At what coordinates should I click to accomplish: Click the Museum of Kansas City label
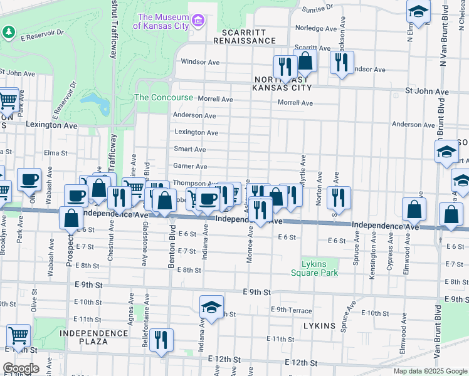pos(163,22)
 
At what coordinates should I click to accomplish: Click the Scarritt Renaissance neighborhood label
pos(244,36)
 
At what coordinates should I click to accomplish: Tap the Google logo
pos(21,368)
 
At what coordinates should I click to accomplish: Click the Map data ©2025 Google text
pos(429,371)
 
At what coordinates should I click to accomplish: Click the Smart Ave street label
pos(190,150)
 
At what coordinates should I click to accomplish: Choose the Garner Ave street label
pos(190,167)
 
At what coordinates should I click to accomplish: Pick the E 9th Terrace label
pos(292,310)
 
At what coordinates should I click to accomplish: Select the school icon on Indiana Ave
pos(212,307)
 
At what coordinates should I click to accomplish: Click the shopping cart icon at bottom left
pos(19,335)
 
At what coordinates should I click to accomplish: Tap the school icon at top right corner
pos(418,11)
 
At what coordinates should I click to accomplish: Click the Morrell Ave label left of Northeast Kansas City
pos(215,99)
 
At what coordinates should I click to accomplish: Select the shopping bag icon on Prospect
pos(71,217)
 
